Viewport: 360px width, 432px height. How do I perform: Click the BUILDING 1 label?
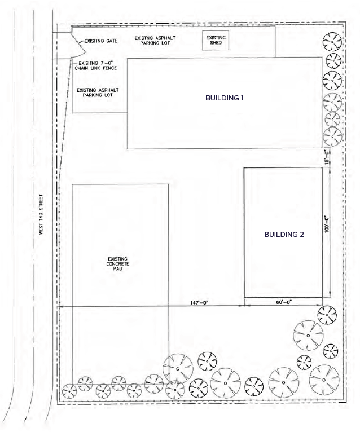225,98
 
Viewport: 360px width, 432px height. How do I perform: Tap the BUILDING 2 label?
284,235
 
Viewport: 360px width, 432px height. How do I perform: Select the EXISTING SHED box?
216,40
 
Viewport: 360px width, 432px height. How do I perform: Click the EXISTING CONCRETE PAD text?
118,264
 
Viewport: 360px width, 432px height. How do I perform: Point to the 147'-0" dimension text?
199,303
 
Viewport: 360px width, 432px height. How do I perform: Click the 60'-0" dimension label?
284,302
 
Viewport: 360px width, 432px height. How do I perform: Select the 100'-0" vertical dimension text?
327,224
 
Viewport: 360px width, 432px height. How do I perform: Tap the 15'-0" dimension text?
327,157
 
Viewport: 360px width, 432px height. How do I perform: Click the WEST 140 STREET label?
41,214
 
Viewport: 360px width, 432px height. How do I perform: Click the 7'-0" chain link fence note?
96,65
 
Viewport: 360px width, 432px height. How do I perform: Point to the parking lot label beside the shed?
155,41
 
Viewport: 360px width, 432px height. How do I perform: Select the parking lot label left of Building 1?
98,92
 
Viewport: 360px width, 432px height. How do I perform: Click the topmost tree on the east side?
332,42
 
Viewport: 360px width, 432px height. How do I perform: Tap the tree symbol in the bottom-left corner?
69,391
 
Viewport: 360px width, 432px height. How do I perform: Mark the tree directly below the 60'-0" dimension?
327,315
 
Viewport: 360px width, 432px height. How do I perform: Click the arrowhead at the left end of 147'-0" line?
59,306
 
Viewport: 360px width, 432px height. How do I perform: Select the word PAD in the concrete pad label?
118,268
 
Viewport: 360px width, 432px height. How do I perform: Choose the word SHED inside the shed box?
216,43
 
